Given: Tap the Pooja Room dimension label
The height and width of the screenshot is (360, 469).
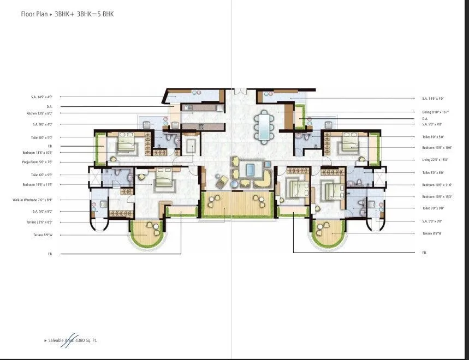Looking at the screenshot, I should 33,162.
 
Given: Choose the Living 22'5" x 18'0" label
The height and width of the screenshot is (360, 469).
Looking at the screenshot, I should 433,160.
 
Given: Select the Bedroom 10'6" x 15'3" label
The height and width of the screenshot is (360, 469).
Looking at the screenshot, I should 435,196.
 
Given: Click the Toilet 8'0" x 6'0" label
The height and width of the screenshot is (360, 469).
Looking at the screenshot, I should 432,172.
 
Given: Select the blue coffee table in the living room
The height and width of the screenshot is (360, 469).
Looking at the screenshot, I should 251,169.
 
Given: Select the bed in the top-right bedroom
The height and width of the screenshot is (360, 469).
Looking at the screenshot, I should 347,145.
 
